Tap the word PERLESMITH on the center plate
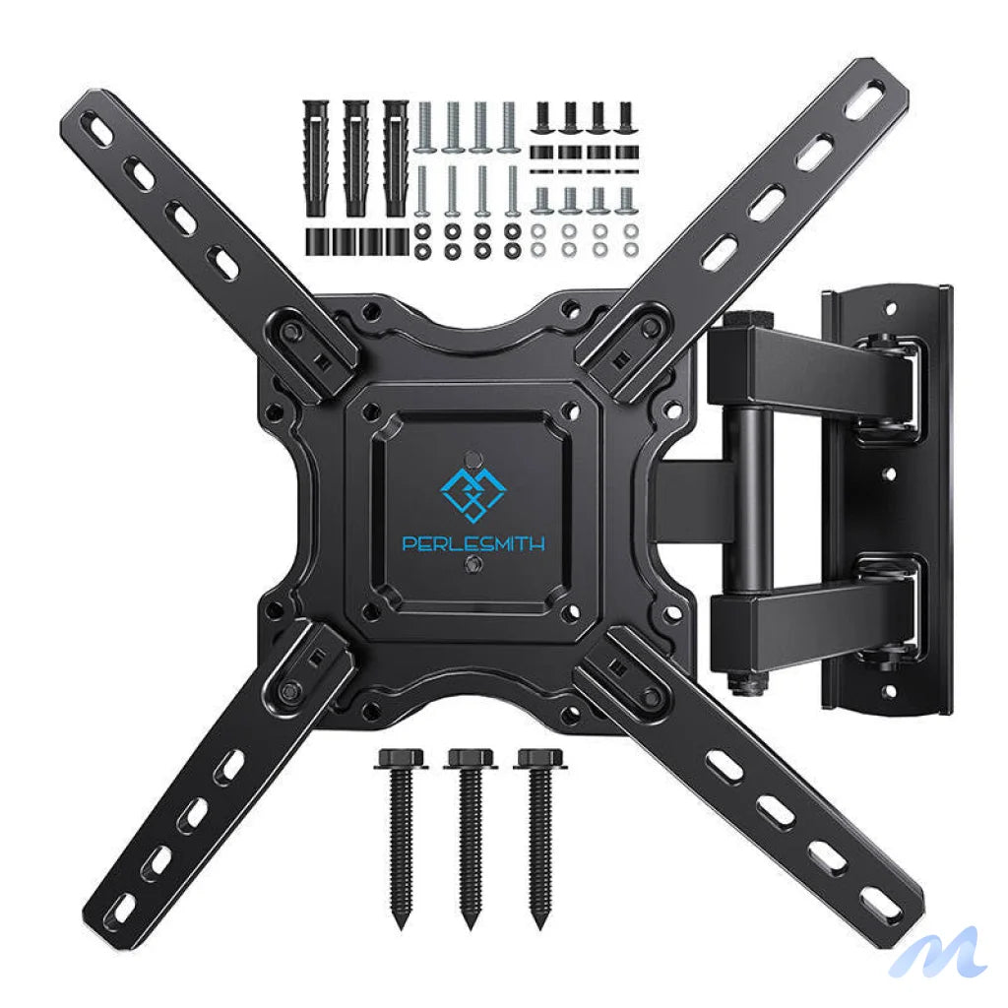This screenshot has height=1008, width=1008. coord(472,543)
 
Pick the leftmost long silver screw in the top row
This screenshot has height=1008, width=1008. coord(425,128)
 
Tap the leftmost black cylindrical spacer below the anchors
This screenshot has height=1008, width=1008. coord(316,241)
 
